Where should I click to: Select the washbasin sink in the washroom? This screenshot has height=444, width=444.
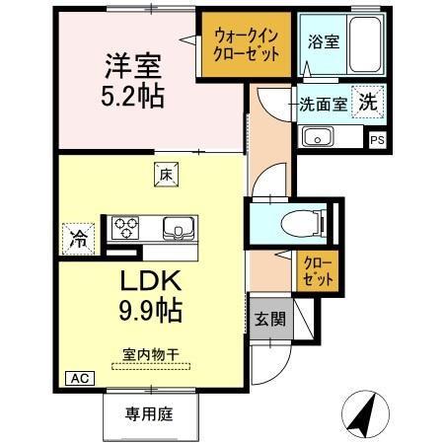pyautogui.click(x=317, y=135)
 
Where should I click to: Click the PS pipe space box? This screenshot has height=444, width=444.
pyautogui.click(x=377, y=140)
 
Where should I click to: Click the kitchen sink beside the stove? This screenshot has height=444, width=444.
pyautogui.click(x=179, y=228)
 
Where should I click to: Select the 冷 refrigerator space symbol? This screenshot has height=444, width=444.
pyautogui.click(x=76, y=237)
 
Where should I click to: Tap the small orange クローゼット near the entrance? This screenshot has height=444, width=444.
pyautogui.click(x=318, y=272)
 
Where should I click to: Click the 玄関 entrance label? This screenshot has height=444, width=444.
pyautogui.click(x=268, y=320)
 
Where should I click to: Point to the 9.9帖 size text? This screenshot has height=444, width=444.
pyautogui.click(x=150, y=312)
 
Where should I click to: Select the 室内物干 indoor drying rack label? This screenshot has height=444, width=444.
pyautogui.click(x=150, y=352)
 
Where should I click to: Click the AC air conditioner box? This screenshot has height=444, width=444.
pyautogui.click(x=77, y=377)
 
